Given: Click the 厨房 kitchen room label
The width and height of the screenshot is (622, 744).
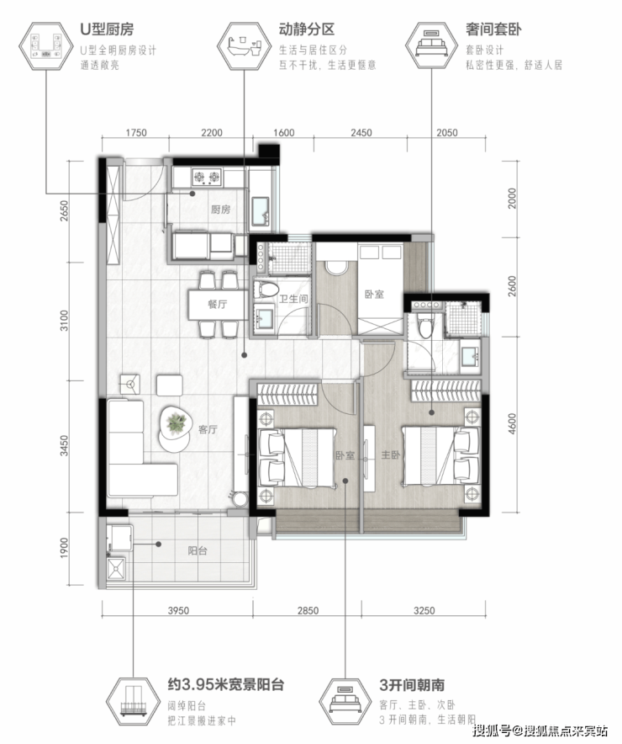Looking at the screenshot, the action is pos(220,210).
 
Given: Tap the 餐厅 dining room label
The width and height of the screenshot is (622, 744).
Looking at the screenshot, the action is pos(218,304).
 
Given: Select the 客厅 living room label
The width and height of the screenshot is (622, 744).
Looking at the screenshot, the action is pos(208,429).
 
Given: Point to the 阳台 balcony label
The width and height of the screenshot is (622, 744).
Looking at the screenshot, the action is pos(197,551).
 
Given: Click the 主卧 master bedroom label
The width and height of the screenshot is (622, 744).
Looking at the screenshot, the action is pos(391,455).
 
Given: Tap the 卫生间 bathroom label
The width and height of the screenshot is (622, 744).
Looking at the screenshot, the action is pos(293,299).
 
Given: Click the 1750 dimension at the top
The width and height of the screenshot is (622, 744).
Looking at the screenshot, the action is pos(135,133).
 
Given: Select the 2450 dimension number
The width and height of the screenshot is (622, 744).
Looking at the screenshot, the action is pos(361,133).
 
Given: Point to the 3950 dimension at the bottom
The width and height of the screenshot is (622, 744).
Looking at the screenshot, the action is pos(178,611).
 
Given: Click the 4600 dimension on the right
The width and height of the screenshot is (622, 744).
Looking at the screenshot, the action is pos(512,423).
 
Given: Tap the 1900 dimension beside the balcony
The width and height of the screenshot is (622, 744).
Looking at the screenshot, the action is pos(64,548).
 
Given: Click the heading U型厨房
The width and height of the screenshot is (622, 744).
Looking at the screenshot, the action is pos(107,29).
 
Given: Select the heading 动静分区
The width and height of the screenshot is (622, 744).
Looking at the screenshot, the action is pos(307,29).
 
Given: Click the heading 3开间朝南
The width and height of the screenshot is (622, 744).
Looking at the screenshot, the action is pos(412,685).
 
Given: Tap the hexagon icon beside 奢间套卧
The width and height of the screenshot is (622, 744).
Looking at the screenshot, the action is pos(431,45).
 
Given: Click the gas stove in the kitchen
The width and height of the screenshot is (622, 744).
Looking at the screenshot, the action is pos(207,178).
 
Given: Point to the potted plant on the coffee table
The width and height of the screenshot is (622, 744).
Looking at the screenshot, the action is pos(176,423).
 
